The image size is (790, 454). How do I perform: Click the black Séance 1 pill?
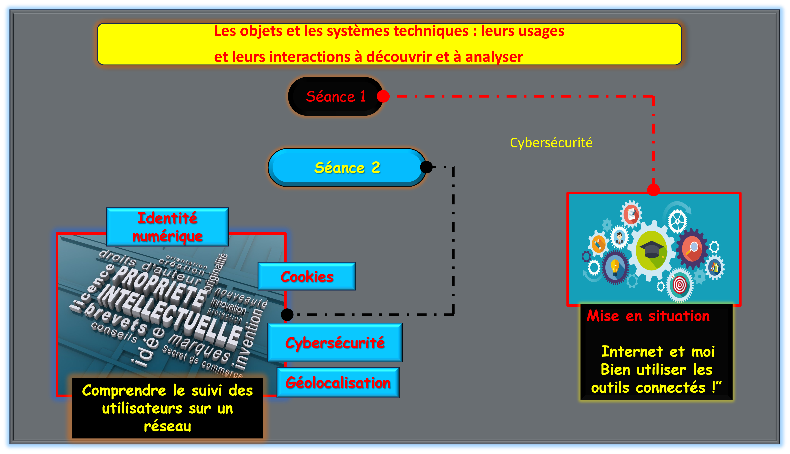(x=335, y=96)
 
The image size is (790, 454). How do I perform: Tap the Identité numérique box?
(x=168, y=227)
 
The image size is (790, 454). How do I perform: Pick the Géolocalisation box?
(x=338, y=383)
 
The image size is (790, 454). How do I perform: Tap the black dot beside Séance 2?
(x=426, y=167)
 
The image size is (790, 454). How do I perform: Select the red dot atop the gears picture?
(x=653, y=190)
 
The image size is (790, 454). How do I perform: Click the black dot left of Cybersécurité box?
(x=287, y=315)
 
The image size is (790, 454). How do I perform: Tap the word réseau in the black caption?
(x=168, y=426)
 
